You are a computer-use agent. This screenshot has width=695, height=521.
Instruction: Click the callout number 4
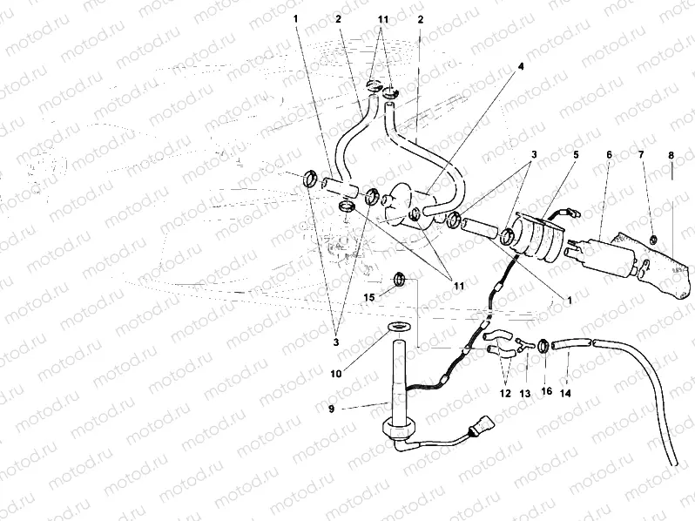[x=522, y=65]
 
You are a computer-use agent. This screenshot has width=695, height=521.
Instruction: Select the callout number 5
[x=574, y=155]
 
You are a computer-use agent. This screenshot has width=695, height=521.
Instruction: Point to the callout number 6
[x=609, y=155]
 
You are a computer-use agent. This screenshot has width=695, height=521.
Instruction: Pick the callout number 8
[x=671, y=155]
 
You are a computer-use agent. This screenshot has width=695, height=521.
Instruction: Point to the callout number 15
[x=369, y=298]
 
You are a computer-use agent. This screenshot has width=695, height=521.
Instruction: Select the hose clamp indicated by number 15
[x=400, y=280]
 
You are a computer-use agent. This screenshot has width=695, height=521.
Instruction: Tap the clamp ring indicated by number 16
[x=543, y=346]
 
